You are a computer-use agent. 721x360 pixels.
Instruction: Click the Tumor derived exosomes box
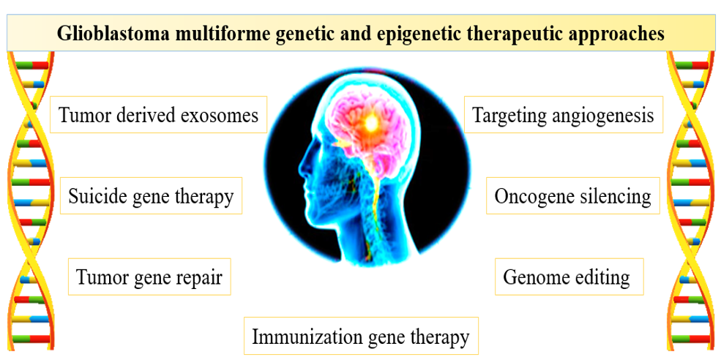coord(159,114)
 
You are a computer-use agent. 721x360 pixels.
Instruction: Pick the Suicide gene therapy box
coord(152,196)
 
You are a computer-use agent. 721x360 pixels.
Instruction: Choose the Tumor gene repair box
coord(149,277)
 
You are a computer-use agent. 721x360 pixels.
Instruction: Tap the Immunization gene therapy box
coord(361,336)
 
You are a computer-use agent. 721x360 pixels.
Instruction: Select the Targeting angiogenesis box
coord(564,114)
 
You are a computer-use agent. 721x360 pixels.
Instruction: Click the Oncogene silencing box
coord(573,196)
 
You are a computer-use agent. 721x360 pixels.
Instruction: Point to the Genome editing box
coord(569,277)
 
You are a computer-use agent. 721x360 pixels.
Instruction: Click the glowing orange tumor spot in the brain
coord(370,123)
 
